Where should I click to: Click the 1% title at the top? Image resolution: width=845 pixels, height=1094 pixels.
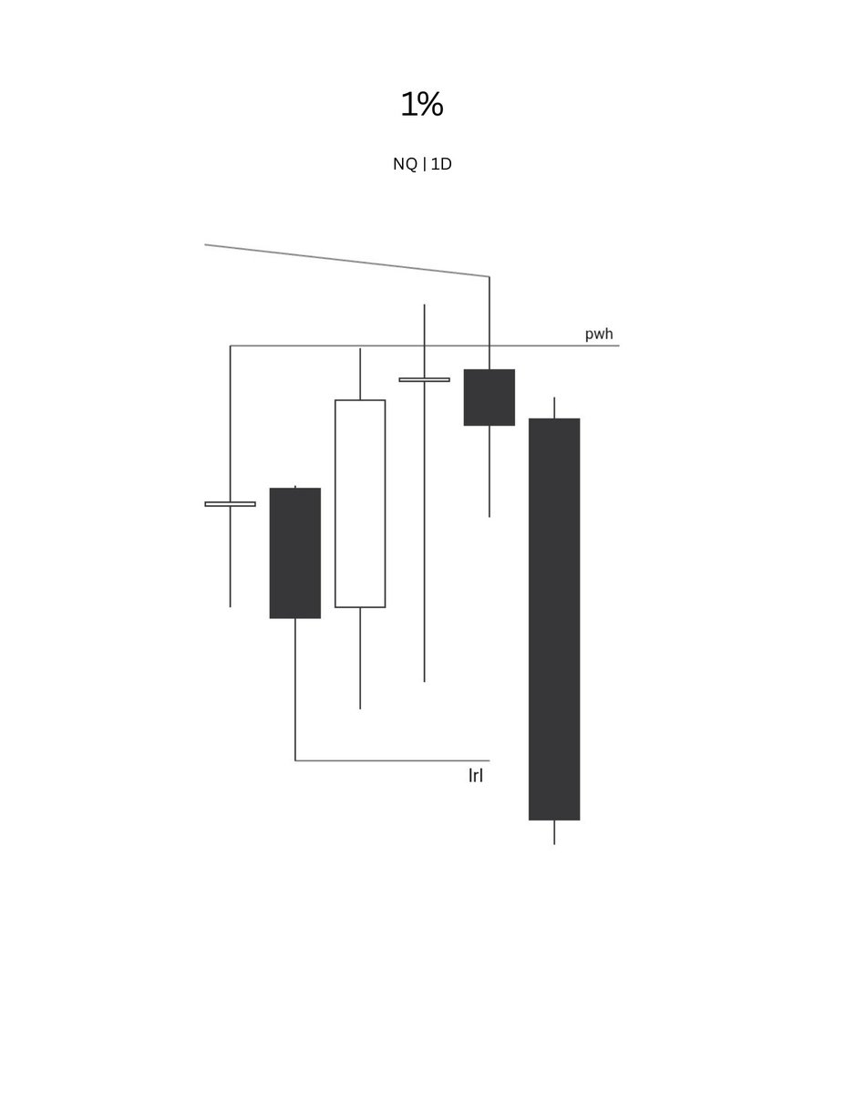click(422, 104)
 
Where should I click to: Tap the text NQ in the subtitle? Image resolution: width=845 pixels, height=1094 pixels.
click(405, 164)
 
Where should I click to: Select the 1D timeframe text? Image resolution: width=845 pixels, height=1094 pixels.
click(441, 164)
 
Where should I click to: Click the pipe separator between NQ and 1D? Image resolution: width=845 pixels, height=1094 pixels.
click(424, 165)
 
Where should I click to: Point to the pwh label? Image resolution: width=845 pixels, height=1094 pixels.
click(599, 335)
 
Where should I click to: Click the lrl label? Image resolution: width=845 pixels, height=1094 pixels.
click(476, 775)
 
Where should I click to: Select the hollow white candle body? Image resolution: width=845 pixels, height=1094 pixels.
click(360, 503)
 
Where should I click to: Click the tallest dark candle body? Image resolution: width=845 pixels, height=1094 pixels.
click(554, 619)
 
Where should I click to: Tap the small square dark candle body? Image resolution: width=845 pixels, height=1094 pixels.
click(489, 397)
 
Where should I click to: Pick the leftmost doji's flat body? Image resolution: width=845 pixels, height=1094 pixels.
click(230, 504)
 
